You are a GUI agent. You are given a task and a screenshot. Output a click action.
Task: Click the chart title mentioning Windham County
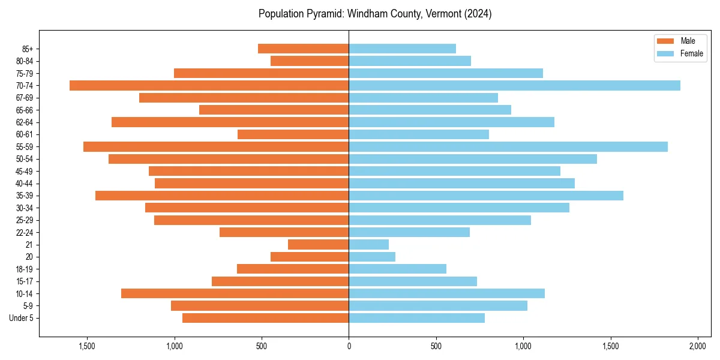coord(375,14)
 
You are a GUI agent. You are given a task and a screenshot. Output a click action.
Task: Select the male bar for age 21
coord(318,244)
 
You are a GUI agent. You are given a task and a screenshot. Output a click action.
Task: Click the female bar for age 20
coord(372,257)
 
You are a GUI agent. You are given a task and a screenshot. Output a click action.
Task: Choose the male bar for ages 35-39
coord(222,196)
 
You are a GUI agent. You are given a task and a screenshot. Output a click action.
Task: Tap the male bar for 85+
coord(303,49)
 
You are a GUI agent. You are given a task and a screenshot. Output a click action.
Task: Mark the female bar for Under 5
coord(416,318)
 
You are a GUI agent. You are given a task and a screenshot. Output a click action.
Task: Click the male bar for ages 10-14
coord(235,293)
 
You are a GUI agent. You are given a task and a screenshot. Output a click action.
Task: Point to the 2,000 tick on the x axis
coord(698,346)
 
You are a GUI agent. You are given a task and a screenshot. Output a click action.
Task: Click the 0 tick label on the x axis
coord(349,346)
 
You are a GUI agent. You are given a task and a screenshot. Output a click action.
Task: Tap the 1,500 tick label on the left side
coord(87,346)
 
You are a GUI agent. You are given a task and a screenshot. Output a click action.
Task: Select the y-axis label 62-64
coord(25,122)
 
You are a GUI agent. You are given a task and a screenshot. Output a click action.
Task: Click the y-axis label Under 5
coord(21,318)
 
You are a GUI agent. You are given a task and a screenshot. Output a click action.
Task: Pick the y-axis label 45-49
coord(25,171)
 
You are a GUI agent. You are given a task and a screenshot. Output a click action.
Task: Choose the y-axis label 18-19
coord(25,269)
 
